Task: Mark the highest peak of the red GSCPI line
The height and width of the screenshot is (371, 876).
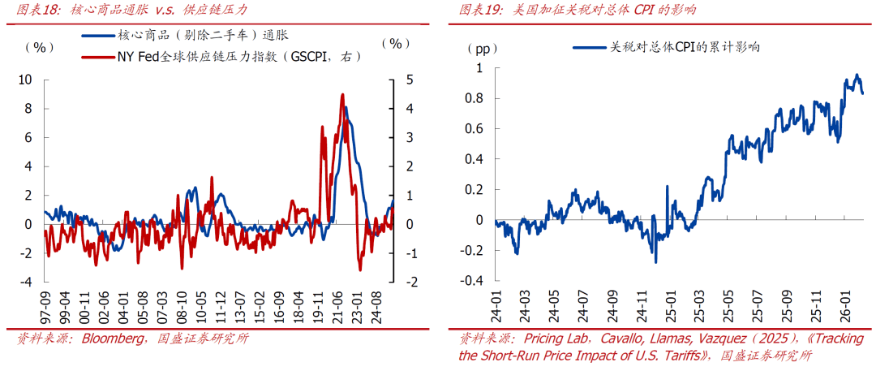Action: [x=342, y=94]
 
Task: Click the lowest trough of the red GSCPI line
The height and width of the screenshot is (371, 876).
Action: [x=360, y=270]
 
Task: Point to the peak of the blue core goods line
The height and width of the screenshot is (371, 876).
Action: [x=346, y=107]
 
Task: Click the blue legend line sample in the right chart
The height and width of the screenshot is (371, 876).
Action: [x=589, y=47]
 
